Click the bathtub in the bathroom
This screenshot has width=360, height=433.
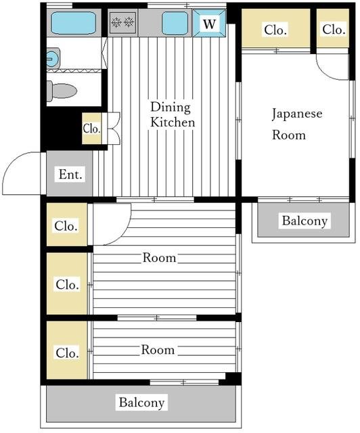point(74,23)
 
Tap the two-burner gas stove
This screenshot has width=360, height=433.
point(122,22)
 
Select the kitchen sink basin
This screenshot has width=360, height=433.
point(175,23)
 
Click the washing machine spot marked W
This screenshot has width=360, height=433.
point(209,23)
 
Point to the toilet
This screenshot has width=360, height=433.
point(62,91)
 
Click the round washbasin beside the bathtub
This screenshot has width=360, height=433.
point(53,59)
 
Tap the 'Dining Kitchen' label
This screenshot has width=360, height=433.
point(173,114)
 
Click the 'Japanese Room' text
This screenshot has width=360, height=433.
point(297,124)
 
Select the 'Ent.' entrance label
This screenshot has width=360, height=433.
point(70,175)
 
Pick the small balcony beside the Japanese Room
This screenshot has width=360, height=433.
point(304,220)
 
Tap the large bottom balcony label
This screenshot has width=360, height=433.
point(141,403)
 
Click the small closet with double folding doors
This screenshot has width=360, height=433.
point(92,129)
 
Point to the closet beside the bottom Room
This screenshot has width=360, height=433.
point(67,350)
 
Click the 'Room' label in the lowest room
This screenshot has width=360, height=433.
point(158,350)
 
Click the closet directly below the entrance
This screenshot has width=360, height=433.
point(67,225)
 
